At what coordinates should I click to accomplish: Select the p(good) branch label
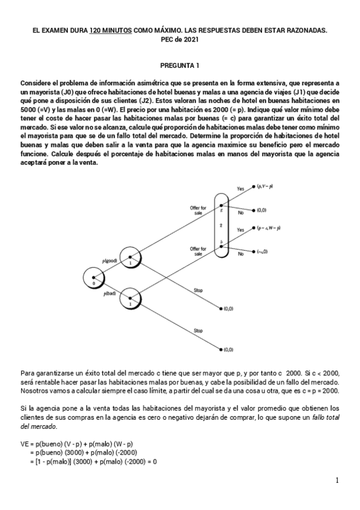[x=111, y=260]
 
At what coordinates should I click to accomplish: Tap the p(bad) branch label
[x=110, y=293]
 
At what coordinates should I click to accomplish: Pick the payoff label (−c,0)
[x=261, y=251]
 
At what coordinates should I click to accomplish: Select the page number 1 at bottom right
[x=338, y=480]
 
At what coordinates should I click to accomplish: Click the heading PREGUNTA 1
[x=180, y=64]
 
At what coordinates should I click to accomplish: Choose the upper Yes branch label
[x=240, y=189]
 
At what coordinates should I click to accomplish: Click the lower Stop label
[x=198, y=330]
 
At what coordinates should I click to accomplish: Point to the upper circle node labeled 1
[x=129, y=257]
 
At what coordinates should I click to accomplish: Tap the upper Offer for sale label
[x=198, y=210]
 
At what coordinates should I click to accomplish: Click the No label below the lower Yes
[x=241, y=253]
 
